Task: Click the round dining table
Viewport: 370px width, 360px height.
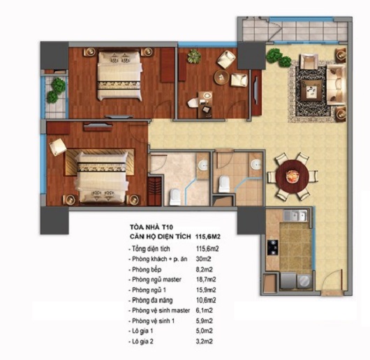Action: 292,177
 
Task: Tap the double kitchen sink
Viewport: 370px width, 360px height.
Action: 295,216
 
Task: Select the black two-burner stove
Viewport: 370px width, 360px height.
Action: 272,247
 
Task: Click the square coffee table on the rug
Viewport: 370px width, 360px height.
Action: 311,91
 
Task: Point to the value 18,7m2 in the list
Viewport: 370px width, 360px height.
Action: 206,280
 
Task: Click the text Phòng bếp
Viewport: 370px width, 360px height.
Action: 147,269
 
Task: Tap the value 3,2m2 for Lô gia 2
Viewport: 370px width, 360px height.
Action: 204,341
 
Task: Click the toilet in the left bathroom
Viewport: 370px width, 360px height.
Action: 175,196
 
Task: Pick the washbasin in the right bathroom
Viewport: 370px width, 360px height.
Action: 256,164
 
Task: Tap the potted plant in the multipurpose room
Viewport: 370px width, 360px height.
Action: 194,56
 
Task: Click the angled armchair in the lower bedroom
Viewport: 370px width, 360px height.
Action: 58,147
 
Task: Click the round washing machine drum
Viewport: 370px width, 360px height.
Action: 304,280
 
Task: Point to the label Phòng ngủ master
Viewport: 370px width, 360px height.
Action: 156,280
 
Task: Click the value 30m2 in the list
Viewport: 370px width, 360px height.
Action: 203,259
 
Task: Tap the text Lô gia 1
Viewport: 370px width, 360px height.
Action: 142,331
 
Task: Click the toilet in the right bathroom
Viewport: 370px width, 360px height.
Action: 224,183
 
